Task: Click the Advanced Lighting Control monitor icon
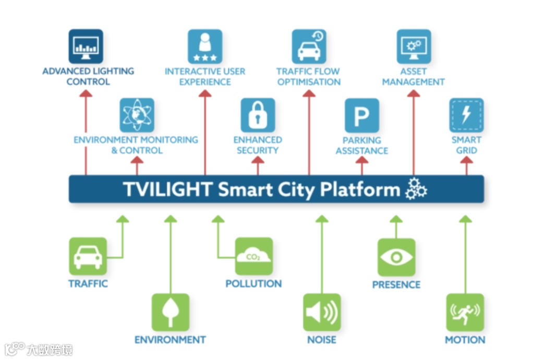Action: (86, 46)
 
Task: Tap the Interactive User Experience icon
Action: (204, 47)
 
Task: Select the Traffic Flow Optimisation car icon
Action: (309, 46)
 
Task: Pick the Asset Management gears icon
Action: (414, 46)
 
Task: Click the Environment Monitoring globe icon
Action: (137, 115)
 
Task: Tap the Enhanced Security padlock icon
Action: (258, 115)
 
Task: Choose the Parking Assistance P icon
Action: (361, 115)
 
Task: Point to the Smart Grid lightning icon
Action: (466, 115)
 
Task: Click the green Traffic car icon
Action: (88, 256)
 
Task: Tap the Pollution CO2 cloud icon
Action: (253, 256)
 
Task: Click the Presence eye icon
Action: (396, 257)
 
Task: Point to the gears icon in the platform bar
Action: (416, 189)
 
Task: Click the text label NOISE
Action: (322, 340)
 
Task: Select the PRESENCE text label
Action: (396, 284)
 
